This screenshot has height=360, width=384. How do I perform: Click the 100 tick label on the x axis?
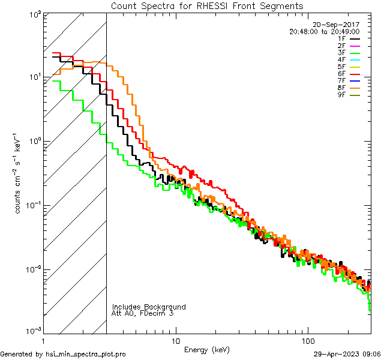tap(307, 340)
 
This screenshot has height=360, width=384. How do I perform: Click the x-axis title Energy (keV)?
tap(206, 349)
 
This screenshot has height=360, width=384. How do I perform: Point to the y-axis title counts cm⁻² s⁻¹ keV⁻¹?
tap(19, 173)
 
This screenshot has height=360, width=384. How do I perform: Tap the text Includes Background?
tap(149, 307)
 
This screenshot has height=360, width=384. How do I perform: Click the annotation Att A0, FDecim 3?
tap(143, 313)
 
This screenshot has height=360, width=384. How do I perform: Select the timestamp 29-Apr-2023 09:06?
tap(347, 354)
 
